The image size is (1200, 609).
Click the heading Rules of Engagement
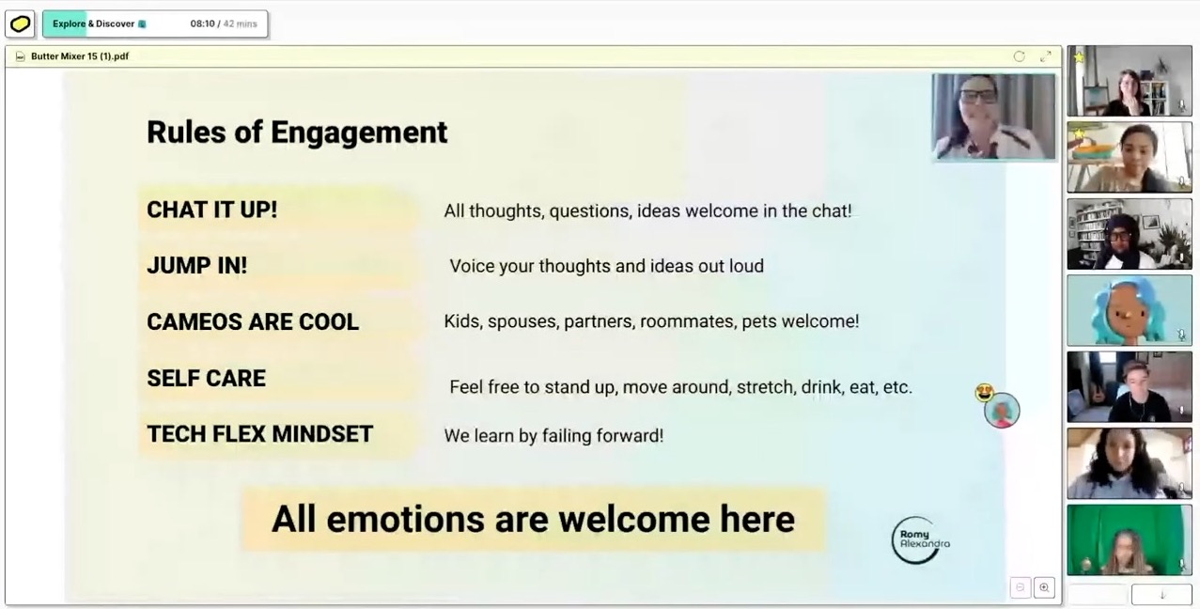[x=297, y=133]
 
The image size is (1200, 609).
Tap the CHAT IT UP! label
[x=212, y=210]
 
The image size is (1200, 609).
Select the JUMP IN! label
[x=197, y=266]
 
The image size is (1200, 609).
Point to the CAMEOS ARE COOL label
[x=253, y=322]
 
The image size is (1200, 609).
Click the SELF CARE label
[x=206, y=378]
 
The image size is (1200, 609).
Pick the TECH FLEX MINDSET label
[x=259, y=434]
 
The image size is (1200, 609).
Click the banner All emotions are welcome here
[x=533, y=519]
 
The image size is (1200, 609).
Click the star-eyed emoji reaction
[x=984, y=393]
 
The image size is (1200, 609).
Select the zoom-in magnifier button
[x=1044, y=587]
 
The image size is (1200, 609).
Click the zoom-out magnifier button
[x=1020, y=587]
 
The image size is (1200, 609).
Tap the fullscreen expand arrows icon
[x=1046, y=56]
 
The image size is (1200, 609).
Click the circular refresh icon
[x=1019, y=56]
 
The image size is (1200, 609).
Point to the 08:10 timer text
[x=202, y=23]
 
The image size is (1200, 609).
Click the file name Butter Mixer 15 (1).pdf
[x=80, y=56]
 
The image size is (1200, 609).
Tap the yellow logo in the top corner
[x=20, y=24]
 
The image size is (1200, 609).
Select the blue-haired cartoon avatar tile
[x=1130, y=310]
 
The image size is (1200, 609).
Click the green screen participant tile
[x=1130, y=539]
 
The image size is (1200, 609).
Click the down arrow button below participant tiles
[x=1161, y=595]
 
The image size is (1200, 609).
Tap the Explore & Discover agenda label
[x=93, y=23]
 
